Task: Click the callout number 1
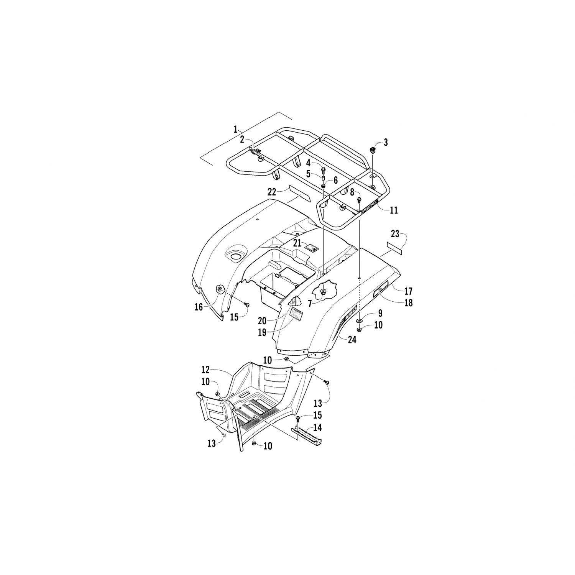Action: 236,129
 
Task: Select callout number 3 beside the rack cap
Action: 386,143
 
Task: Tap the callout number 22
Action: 272,192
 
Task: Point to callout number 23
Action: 395,233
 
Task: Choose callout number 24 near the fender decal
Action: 352,340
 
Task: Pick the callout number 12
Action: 205,370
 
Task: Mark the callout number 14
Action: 317,428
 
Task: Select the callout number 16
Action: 199,307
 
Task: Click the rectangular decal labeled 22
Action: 299,194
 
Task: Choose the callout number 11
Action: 393,210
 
